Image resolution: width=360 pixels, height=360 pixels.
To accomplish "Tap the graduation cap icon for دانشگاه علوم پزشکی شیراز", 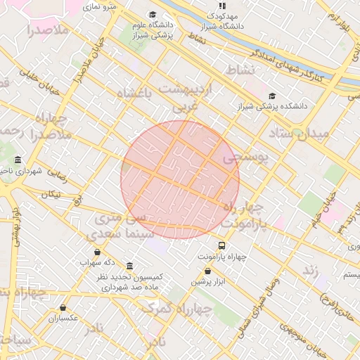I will [x=153, y=15].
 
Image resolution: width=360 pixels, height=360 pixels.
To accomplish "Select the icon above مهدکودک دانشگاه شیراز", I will [x=222, y=6].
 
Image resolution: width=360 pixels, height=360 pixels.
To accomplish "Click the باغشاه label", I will [x=134, y=94].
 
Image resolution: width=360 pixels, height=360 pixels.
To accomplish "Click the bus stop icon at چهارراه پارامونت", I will [x=222, y=245].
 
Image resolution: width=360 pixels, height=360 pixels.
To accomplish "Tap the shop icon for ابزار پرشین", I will [x=208, y=271].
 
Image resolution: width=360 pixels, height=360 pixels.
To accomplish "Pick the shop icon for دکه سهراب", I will [x=97, y=252].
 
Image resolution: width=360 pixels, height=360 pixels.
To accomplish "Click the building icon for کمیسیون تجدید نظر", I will [x=129, y=266].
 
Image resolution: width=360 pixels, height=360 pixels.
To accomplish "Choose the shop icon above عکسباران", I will [x=63, y=307].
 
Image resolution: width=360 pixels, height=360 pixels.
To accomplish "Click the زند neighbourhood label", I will [x=311, y=269].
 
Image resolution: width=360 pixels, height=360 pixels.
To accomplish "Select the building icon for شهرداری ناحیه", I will [x=17, y=160].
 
